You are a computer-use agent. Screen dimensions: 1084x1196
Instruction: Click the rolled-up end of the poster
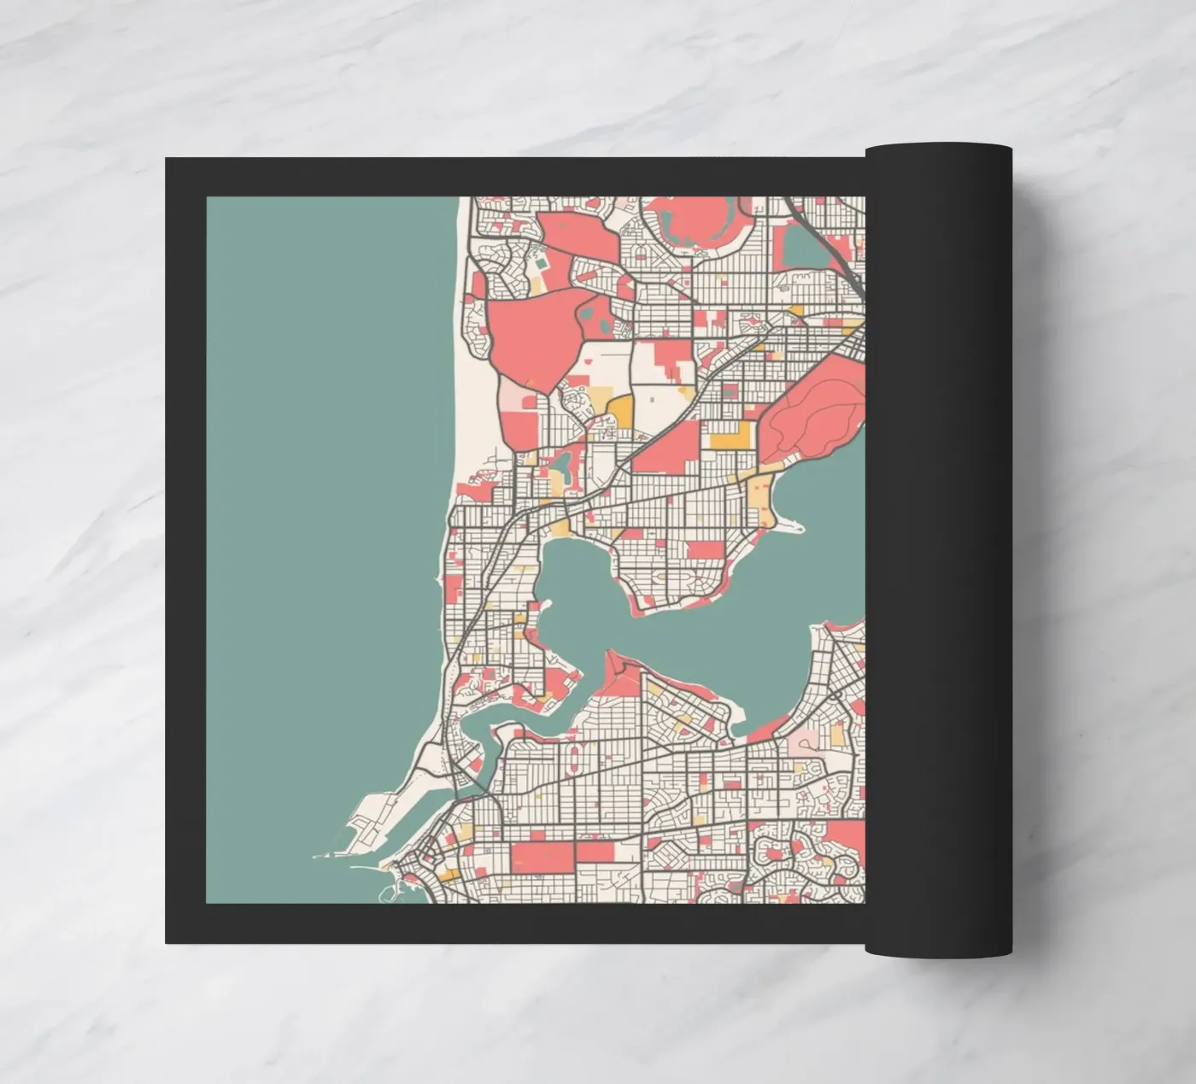pyautogui.click(x=938, y=547)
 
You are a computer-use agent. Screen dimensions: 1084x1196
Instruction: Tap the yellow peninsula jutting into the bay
pyautogui.click(x=760, y=500)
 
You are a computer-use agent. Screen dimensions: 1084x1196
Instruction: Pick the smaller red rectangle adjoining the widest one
pyautogui.click(x=595, y=852)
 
